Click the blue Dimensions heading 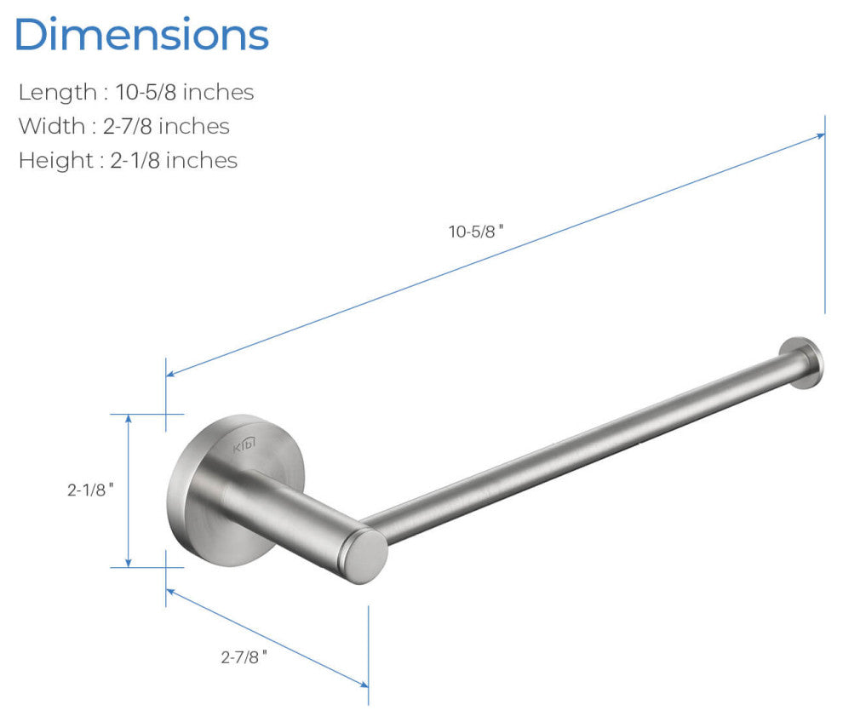[141, 34]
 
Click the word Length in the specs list [58, 93]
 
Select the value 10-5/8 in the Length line [146, 92]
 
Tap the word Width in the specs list [52, 126]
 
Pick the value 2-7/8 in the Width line [128, 126]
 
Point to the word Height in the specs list [56, 161]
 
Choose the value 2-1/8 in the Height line [135, 160]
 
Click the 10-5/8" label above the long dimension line [476, 232]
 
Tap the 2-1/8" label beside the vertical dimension [90, 490]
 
